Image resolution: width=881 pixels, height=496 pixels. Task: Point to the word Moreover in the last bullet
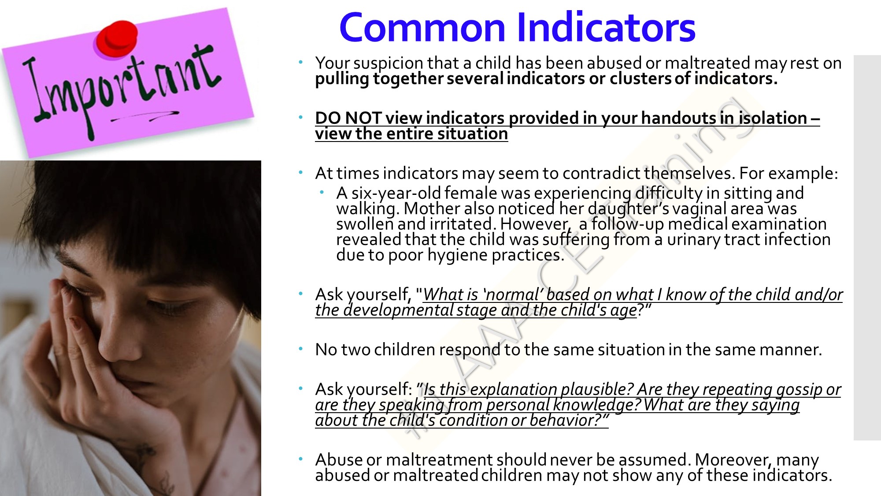[733, 460]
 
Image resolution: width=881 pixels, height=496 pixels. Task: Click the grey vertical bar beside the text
[867, 247]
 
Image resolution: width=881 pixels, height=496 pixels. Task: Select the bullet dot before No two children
[301, 349]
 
